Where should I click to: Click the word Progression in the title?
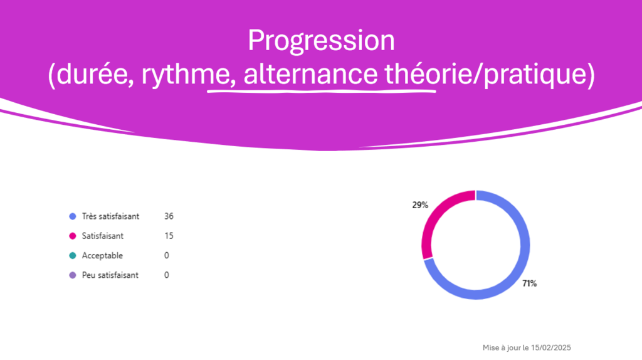(x=322, y=41)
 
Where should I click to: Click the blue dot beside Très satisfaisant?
(x=73, y=216)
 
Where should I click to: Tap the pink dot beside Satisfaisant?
(x=73, y=236)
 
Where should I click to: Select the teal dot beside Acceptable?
(x=73, y=255)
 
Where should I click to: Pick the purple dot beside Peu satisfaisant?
(x=73, y=275)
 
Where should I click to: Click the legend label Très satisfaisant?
(x=110, y=216)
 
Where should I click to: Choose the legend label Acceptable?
(x=102, y=255)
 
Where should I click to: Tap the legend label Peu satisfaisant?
(x=110, y=275)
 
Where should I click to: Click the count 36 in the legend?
(x=169, y=216)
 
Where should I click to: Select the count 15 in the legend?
(x=169, y=236)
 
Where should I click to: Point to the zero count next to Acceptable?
(x=167, y=255)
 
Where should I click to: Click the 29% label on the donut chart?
(x=420, y=205)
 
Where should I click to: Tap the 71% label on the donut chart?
(x=529, y=283)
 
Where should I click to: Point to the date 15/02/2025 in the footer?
(x=550, y=347)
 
